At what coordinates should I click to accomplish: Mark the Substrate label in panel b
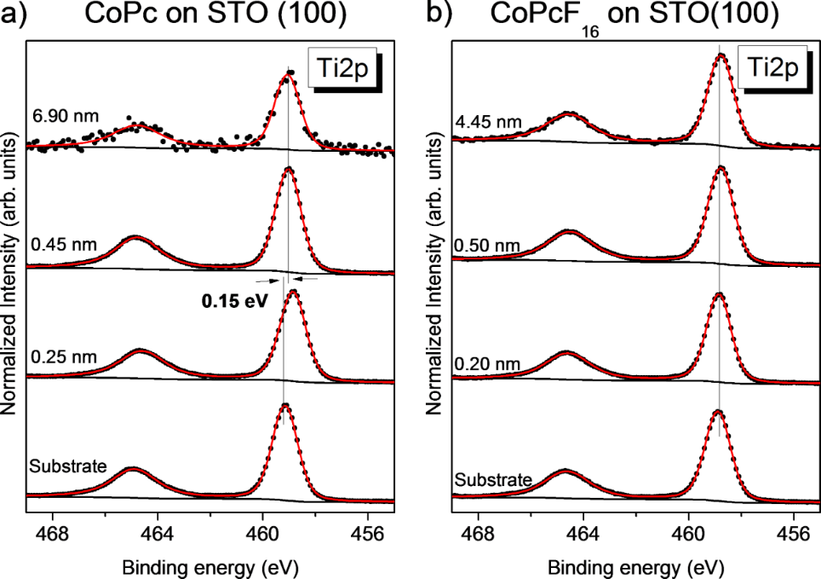coord(490,479)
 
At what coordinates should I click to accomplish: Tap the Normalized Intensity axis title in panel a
coord(10,273)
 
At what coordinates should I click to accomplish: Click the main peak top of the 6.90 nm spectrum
coord(287,77)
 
